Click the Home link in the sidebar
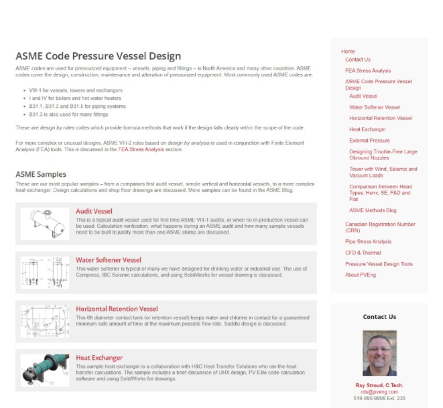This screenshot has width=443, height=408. click(348, 51)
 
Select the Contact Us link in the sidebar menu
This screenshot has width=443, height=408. click(358, 59)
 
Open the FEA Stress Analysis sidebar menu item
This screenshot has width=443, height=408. click(368, 70)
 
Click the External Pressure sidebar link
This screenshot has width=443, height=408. click(369, 141)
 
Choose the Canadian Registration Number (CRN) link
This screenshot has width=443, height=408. click(380, 227)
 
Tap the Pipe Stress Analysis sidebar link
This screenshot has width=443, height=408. click(368, 241)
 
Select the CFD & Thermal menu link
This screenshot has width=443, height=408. click(363, 252)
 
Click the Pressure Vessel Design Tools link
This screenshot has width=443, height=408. click(379, 264)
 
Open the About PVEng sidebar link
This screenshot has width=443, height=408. click(361, 275)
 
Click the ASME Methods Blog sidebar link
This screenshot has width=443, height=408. click(373, 210)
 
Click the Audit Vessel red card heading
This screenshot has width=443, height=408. click(94, 211)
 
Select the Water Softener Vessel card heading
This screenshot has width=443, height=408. click(108, 260)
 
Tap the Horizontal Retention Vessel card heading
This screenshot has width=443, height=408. click(117, 309)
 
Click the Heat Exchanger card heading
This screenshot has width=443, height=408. click(99, 358)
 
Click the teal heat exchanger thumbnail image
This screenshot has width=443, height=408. click(44, 370)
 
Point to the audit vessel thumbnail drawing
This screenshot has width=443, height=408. click(44, 223)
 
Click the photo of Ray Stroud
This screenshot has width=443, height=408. click(379, 353)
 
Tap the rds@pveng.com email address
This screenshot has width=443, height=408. click(379, 392)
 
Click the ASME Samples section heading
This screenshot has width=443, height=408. click(41, 174)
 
